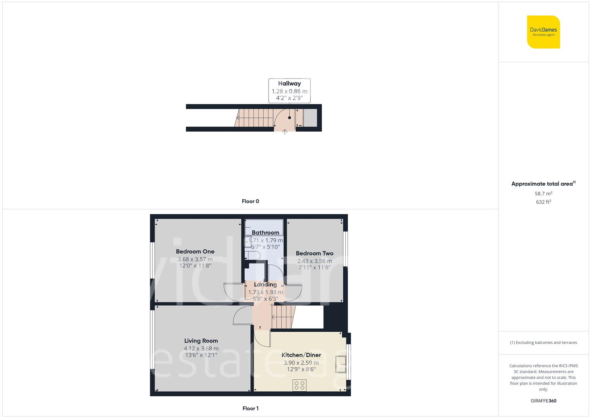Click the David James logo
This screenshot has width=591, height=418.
pyautogui.click(x=543, y=32)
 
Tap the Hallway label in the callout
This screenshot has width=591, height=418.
pyautogui.click(x=289, y=83)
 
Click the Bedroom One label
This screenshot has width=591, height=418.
pyautogui.click(x=195, y=252)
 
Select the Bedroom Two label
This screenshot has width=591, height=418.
pyautogui.click(x=314, y=254)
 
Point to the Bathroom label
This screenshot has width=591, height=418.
pyautogui.click(x=265, y=233)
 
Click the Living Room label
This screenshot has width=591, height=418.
pyautogui.click(x=201, y=341)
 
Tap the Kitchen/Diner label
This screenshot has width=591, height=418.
pyautogui.click(x=301, y=355)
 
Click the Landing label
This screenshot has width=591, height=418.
pyautogui.click(x=265, y=284)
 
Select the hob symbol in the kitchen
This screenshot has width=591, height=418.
pyautogui.click(x=300, y=385)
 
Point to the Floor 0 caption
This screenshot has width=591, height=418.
pyautogui.click(x=250, y=201)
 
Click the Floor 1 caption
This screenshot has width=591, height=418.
pyautogui.click(x=250, y=408)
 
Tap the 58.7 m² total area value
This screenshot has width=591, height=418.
pyautogui.click(x=543, y=194)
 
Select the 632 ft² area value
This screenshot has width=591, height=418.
pyautogui.click(x=543, y=202)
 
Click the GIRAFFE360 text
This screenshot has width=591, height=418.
pyautogui.click(x=543, y=401)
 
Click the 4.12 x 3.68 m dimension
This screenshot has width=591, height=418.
pyautogui.click(x=201, y=348)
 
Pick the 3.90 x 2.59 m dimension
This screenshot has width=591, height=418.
pyautogui.click(x=301, y=363)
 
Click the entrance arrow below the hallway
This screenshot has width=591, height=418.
pyautogui.click(x=285, y=132)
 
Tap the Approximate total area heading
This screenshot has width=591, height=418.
pyautogui.click(x=543, y=184)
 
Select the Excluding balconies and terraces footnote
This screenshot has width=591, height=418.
pyautogui.click(x=543, y=343)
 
